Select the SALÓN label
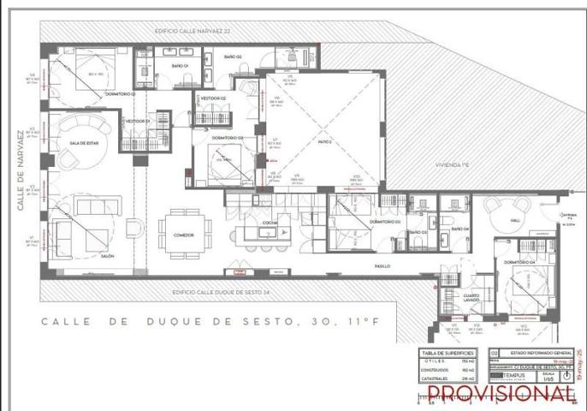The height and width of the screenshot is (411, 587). pos(108,256)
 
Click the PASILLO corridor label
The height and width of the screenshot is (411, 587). pos(382,265)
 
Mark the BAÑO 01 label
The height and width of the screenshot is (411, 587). pos(180,66)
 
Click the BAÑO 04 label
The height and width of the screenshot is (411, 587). pos(460,230)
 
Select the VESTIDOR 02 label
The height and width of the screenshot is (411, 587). pos(212,98)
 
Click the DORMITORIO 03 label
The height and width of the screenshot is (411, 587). pos(385,222)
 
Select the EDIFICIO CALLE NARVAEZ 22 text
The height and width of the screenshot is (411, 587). pos(193,30)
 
